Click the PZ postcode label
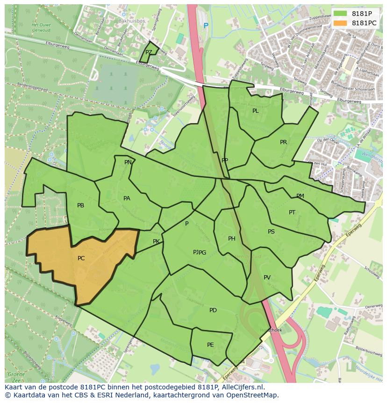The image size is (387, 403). pos(149,52)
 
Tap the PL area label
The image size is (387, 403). pos(255,111)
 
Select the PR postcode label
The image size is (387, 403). pos(283,142)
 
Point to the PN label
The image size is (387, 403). pos(128,162)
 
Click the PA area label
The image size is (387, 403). pos(127,198)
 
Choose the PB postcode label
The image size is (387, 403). pos(80,205)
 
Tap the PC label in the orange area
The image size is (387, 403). pos(81,258)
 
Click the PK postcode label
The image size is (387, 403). pos(156,242)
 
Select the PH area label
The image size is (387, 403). pos(231,239)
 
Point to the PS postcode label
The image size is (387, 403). pos(271,232)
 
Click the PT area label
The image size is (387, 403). pos(292,212)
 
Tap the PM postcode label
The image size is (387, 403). pos(300,196)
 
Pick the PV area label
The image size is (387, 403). pos(267,278)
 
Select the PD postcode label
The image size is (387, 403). pos(213,310)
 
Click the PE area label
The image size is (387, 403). pos(210,345)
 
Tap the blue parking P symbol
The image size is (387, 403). pos(206,26)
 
